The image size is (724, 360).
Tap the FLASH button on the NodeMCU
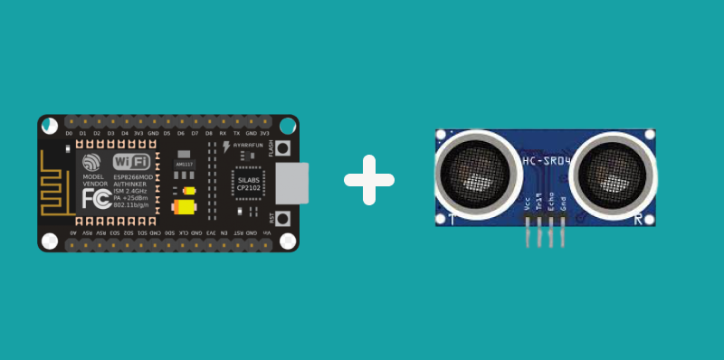282,150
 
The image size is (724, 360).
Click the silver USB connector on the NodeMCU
291,182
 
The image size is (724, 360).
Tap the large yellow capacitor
184,207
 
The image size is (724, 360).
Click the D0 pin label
69,134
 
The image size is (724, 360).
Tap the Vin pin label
266,232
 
